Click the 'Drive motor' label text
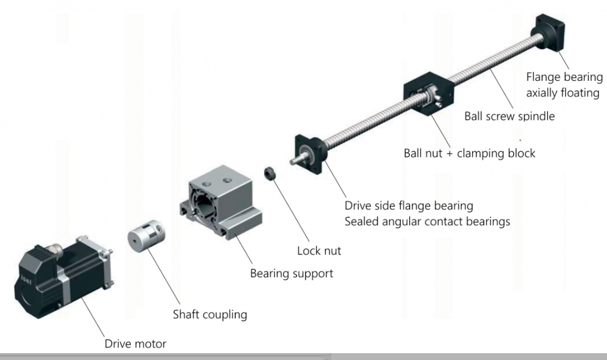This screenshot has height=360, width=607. pos(135,344)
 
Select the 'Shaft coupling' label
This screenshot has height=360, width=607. pos(210,315)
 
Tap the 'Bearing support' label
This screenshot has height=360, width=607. pos(291,273)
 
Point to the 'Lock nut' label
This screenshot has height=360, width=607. pos(319,251)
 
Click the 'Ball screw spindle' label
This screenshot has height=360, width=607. pos(509,116)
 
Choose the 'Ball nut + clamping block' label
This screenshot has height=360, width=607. pos(469,153)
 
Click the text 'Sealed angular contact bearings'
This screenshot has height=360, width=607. pos(427,221)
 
